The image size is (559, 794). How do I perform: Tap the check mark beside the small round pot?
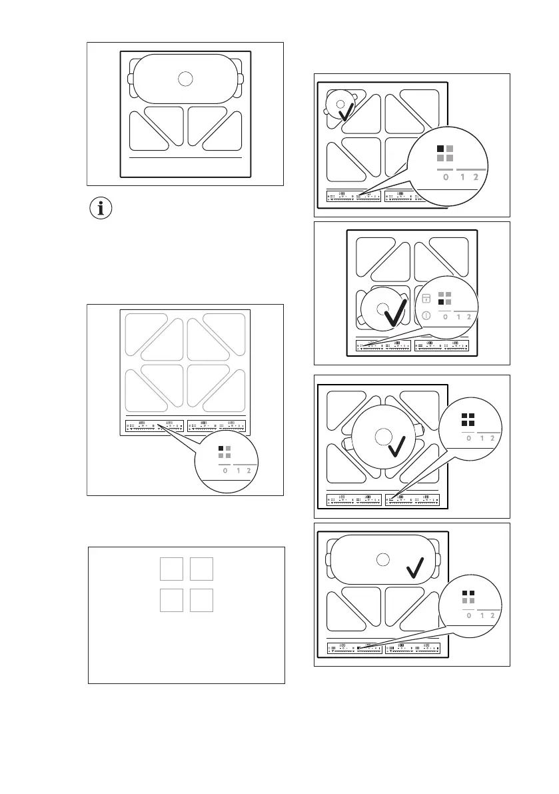tap(348, 112)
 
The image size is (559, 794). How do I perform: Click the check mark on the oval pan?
tap(416, 567)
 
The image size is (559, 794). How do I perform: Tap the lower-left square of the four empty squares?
tap(171, 600)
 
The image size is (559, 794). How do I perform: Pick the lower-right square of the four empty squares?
tap(201, 600)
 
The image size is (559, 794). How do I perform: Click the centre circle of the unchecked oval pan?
tap(186, 79)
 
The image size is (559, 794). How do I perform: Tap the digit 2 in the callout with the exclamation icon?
tap(469, 317)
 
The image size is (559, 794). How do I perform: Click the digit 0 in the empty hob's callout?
tap(225, 471)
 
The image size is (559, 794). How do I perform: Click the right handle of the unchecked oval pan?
tap(241, 79)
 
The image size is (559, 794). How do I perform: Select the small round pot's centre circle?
tap(340, 104)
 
